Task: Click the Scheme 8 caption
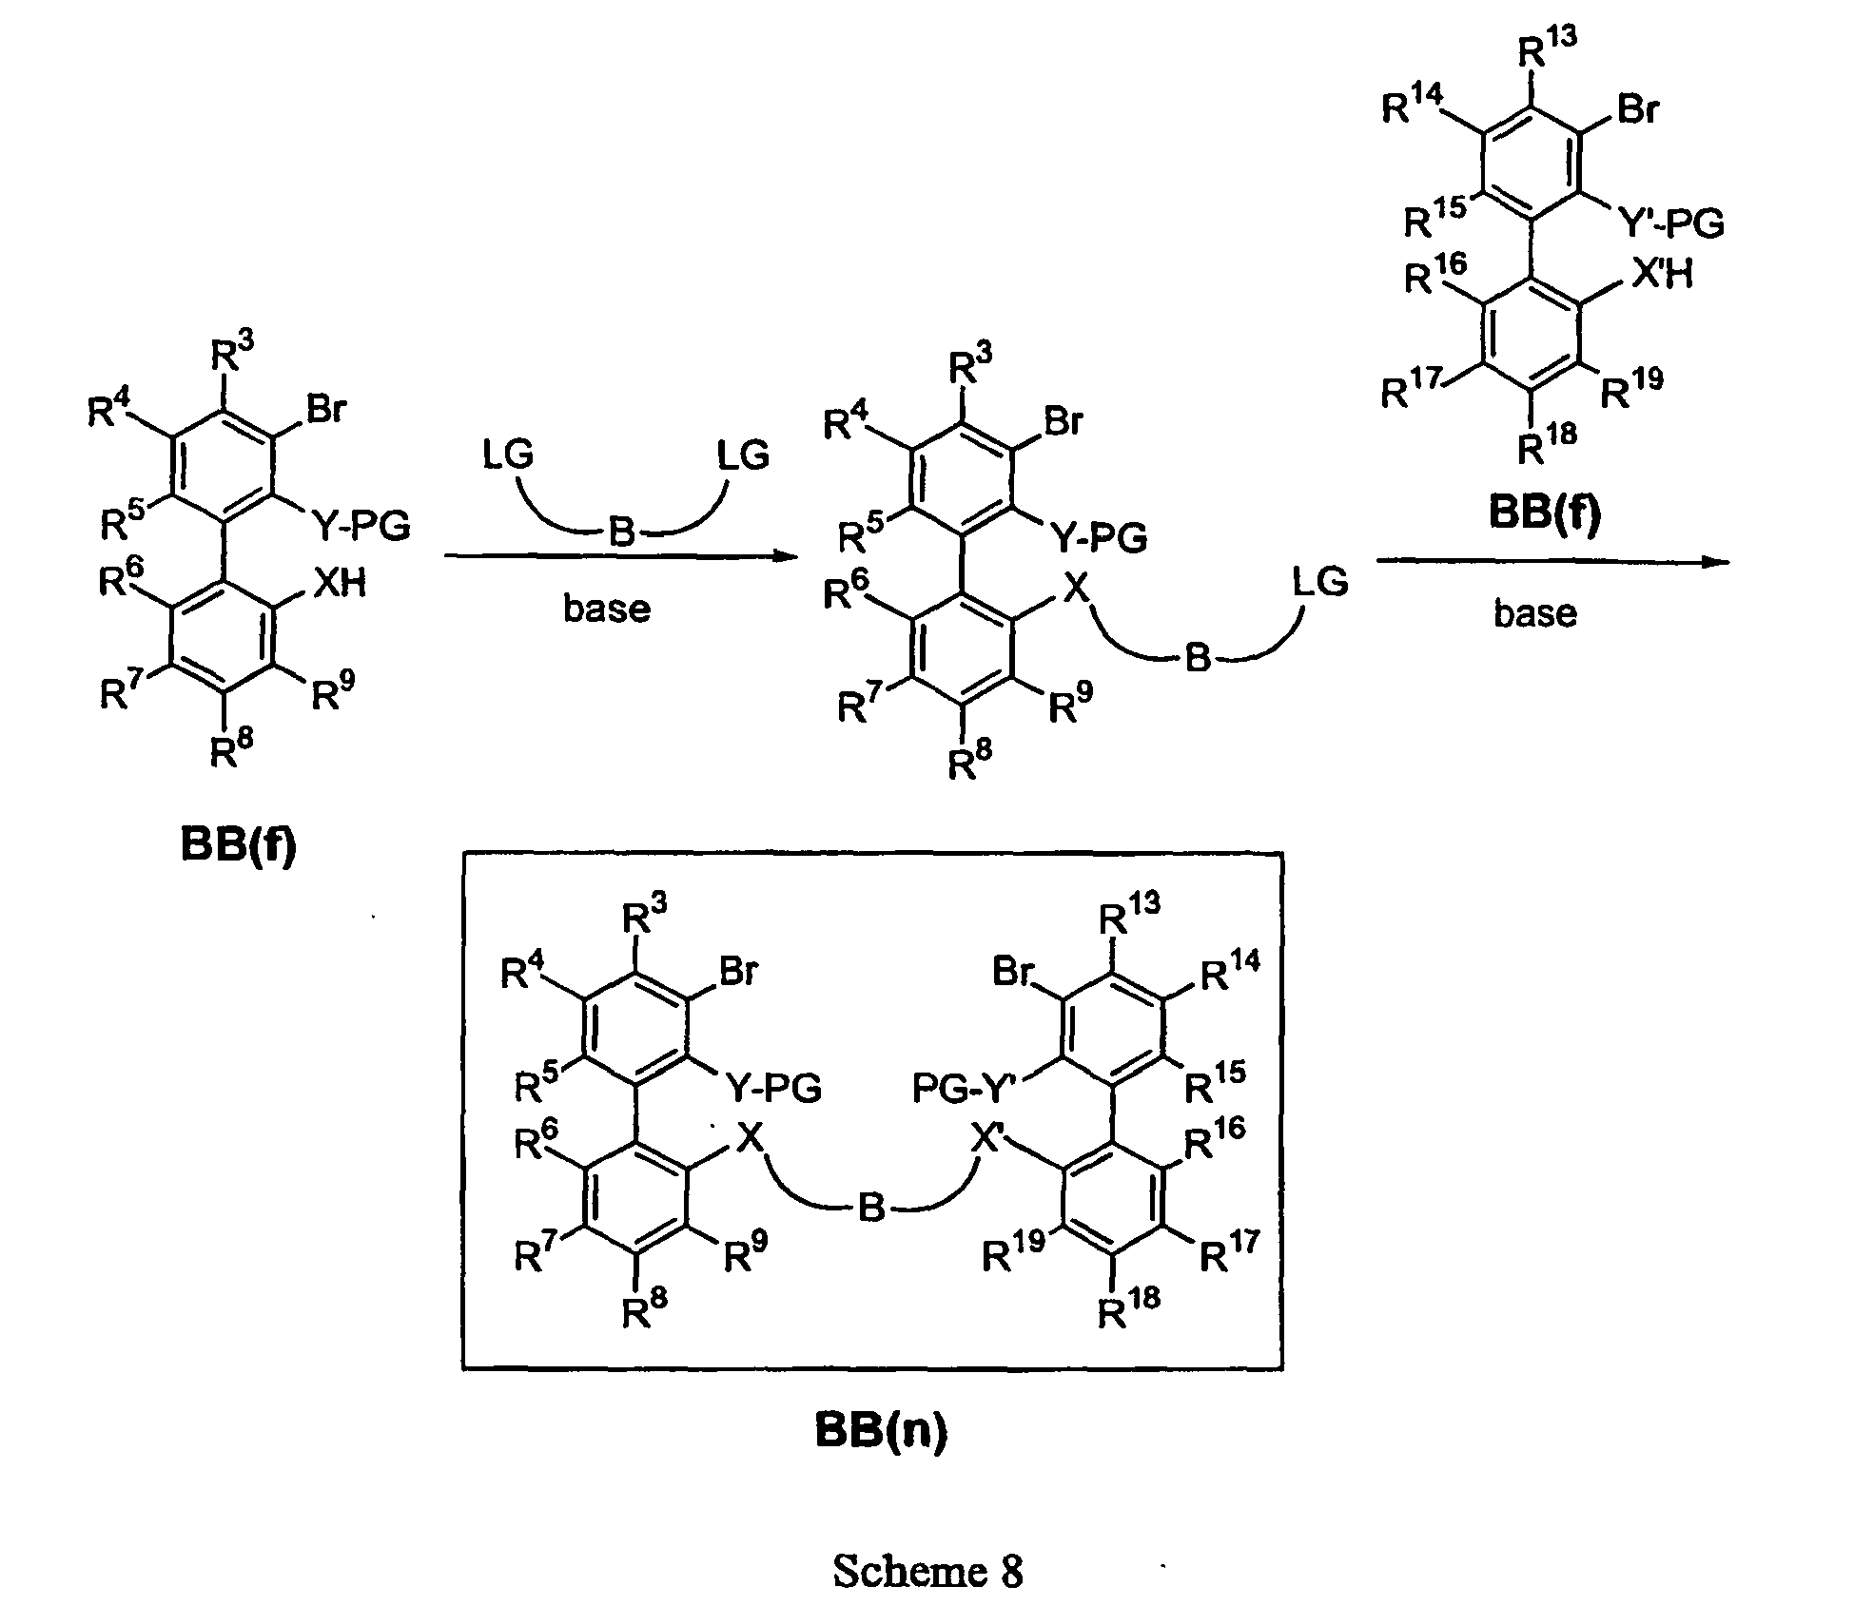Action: (x=927, y=1572)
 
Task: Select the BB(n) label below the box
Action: (x=881, y=1431)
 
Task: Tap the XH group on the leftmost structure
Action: (x=340, y=582)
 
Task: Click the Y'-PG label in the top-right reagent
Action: (x=1670, y=224)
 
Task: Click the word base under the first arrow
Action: (x=607, y=608)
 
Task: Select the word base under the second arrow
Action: (x=1534, y=612)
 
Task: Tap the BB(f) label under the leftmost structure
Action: (x=238, y=845)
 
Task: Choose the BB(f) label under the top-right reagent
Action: (x=1545, y=513)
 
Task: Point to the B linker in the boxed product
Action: (x=871, y=1209)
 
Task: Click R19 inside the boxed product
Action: (x=1013, y=1251)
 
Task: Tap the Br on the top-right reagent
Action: (x=1637, y=110)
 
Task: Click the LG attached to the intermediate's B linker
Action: (x=1319, y=580)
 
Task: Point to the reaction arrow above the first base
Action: (x=621, y=557)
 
